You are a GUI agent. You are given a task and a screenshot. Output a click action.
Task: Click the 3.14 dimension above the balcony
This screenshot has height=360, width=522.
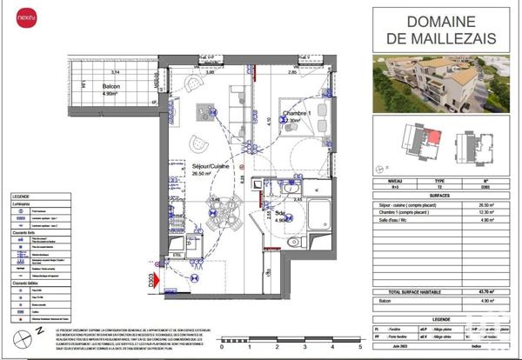[x=113, y=72]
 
